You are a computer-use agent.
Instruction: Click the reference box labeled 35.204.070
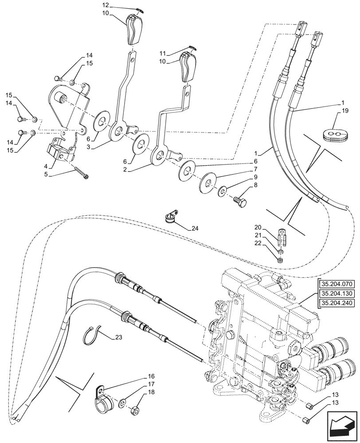coord(337,284)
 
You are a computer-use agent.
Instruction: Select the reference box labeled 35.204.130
coord(337,293)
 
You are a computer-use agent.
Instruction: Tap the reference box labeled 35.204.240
coord(337,303)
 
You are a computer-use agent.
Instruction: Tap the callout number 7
coord(255,170)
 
